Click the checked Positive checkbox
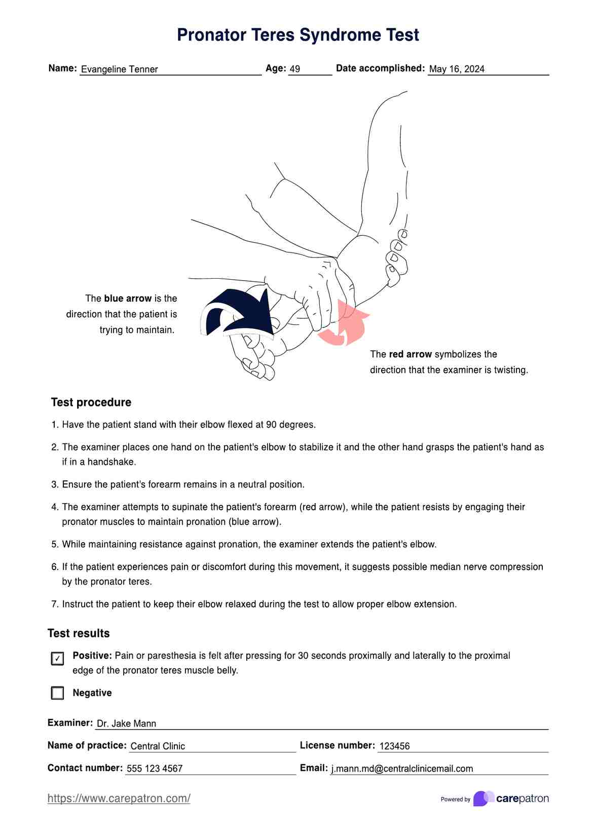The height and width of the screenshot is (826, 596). (58, 658)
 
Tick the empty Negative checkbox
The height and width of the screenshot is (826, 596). (58, 693)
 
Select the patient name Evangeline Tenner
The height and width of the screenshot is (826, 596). (120, 69)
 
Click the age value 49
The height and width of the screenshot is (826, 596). (295, 69)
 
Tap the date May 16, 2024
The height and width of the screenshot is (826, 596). (457, 69)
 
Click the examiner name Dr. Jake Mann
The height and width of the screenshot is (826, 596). (126, 724)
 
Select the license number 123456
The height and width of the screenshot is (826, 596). (394, 746)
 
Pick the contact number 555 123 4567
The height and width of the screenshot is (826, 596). (155, 769)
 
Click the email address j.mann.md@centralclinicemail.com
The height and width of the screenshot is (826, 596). (402, 769)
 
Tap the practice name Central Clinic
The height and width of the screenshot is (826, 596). (158, 746)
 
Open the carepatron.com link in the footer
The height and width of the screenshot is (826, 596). (119, 799)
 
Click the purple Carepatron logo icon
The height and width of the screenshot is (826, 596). (483, 799)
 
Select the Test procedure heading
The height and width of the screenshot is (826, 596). (91, 402)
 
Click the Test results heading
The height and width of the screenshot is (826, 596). (79, 633)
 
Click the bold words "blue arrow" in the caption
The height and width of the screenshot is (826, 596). (128, 298)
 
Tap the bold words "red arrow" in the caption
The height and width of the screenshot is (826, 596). (411, 354)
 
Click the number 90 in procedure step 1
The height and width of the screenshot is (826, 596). (271, 425)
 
